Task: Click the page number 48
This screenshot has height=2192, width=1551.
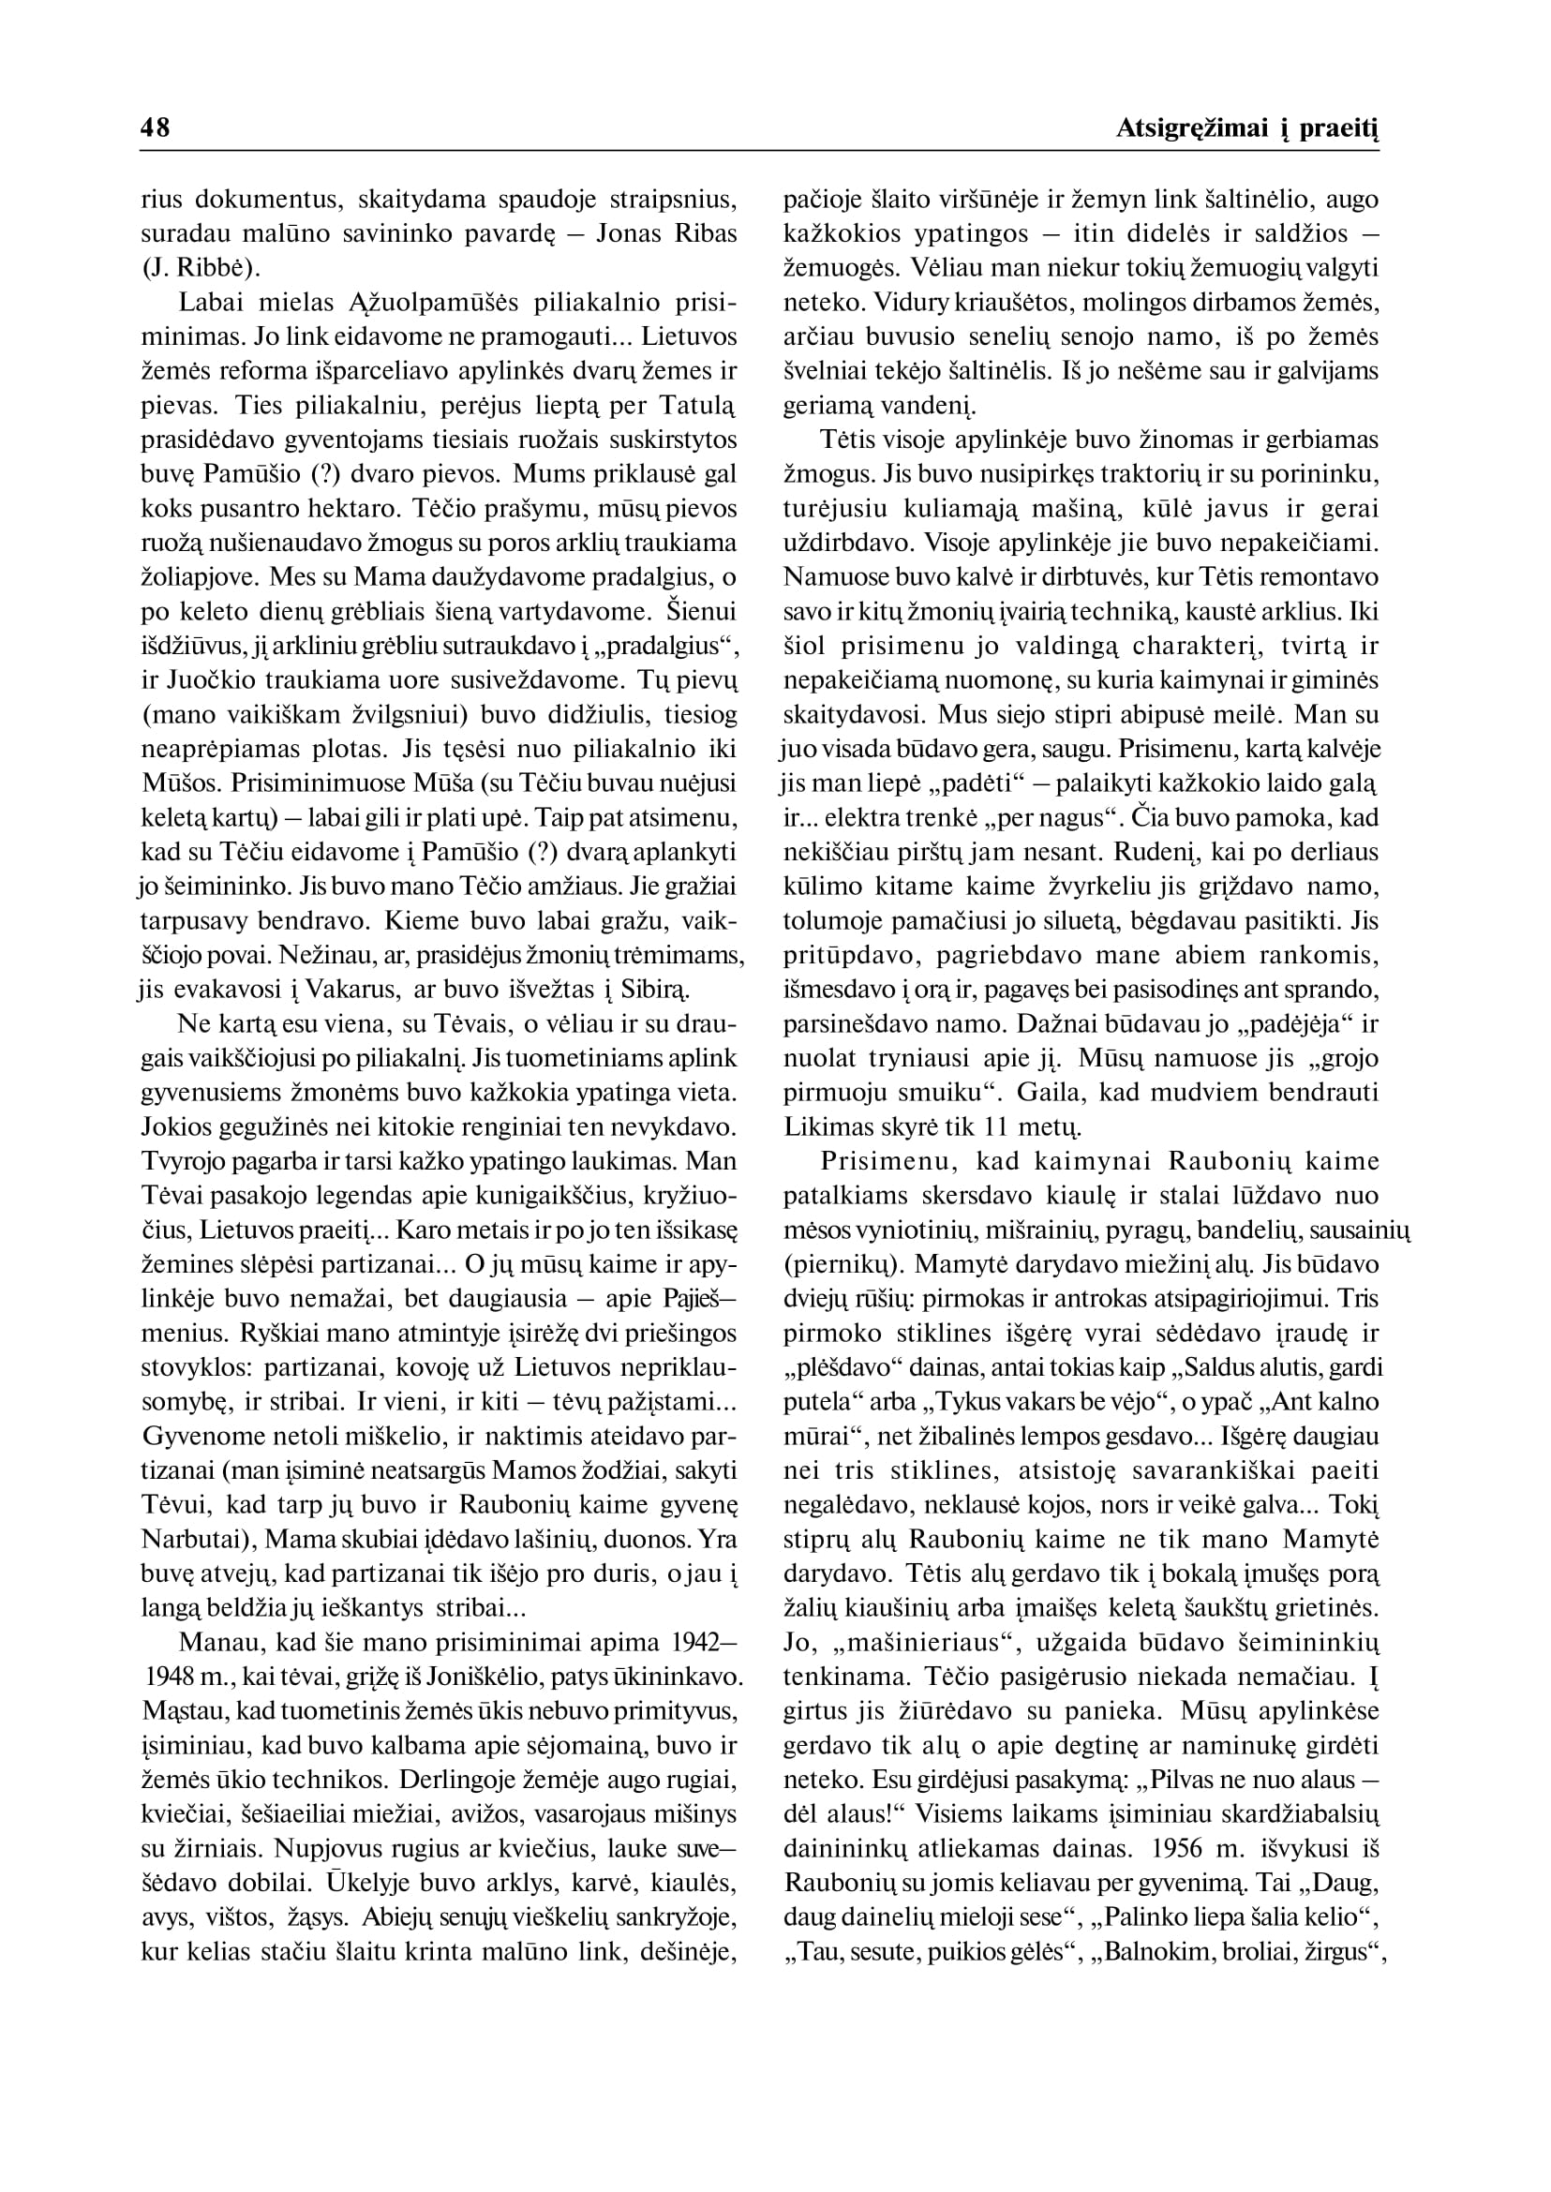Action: coord(155,128)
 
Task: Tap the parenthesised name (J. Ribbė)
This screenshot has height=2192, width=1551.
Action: coord(193,269)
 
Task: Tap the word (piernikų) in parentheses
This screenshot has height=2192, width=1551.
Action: coord(843,1265)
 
